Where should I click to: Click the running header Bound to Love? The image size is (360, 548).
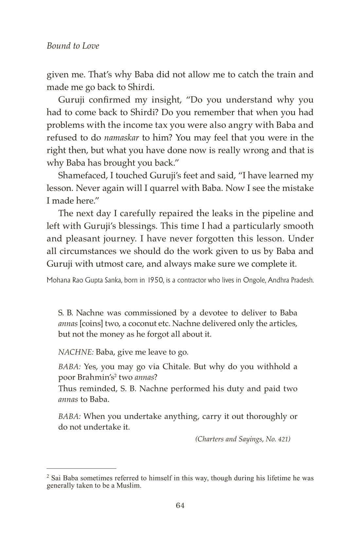(73, 46)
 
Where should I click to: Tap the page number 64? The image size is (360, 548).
(180, 505)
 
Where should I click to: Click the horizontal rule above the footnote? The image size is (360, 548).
(81, 468)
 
